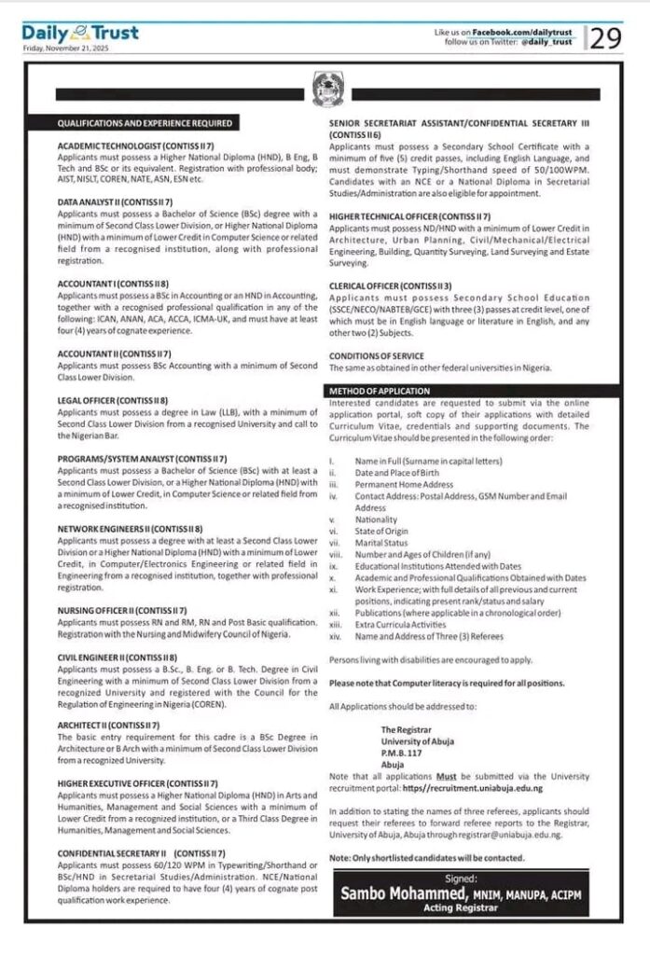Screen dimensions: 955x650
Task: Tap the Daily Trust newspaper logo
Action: (x=80, y=34)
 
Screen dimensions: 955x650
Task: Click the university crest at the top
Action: (x=325, y=91)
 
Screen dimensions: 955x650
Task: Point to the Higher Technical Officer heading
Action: (x=409, y=215)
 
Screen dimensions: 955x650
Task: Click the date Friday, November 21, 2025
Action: (x=65, y=48)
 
